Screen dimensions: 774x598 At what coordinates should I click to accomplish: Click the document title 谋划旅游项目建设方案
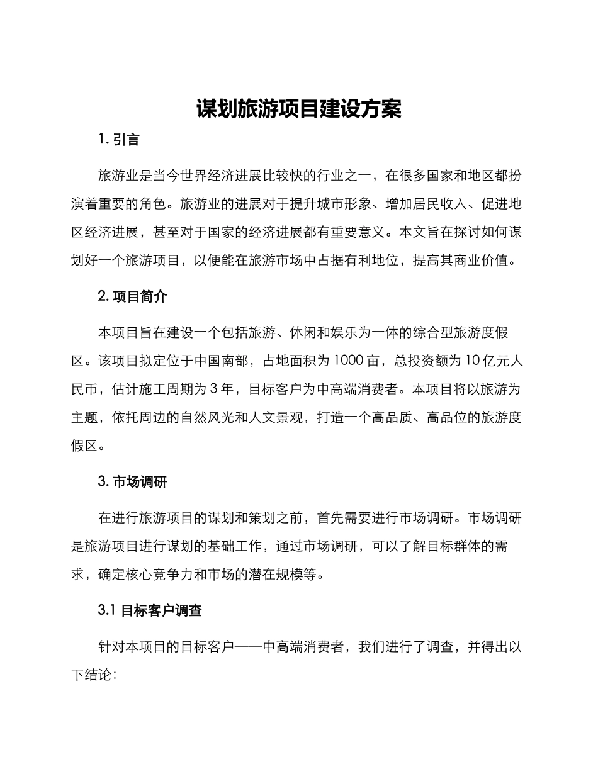298,109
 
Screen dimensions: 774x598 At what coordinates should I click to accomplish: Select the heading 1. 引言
119,140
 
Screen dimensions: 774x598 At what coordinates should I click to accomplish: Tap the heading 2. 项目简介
133,296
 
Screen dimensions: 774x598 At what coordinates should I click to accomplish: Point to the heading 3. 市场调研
133,482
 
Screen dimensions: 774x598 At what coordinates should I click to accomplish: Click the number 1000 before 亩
347,361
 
